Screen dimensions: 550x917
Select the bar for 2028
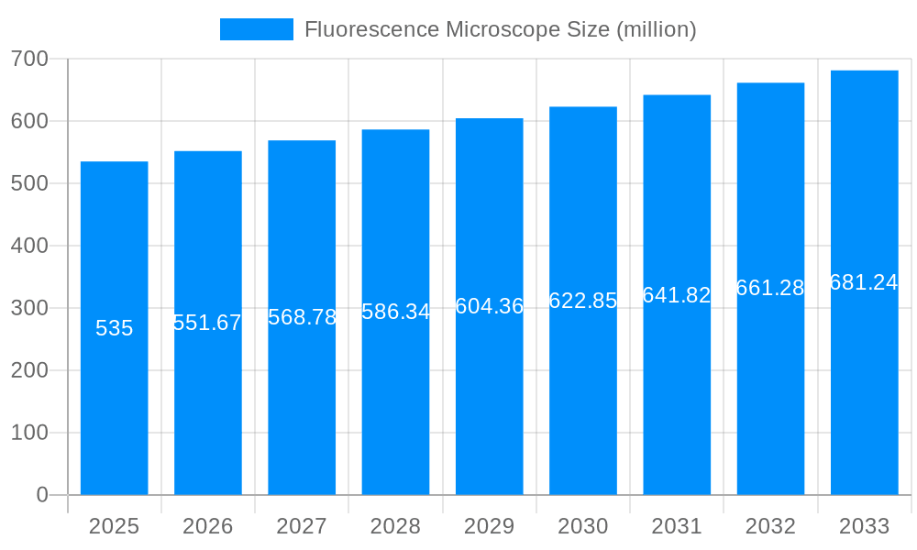point(395,403)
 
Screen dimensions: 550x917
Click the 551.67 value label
point(208,323)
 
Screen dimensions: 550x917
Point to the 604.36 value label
point(490,306)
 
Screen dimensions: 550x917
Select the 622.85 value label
point(583,301)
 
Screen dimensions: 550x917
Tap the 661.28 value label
point(770,288)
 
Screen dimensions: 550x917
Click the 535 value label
point(115,328)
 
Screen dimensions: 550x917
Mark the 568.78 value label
point(302,317)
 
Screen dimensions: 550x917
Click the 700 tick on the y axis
point(29,59)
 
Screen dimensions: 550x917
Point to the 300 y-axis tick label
point(29,308)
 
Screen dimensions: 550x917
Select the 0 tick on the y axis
point(42,495)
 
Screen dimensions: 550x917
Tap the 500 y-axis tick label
point(29,183)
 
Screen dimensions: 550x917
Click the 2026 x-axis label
point(208,526)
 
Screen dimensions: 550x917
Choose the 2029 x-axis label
point(490,526)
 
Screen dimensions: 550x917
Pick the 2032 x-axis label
point(770,526)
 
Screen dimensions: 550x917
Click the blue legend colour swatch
point(257,29)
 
